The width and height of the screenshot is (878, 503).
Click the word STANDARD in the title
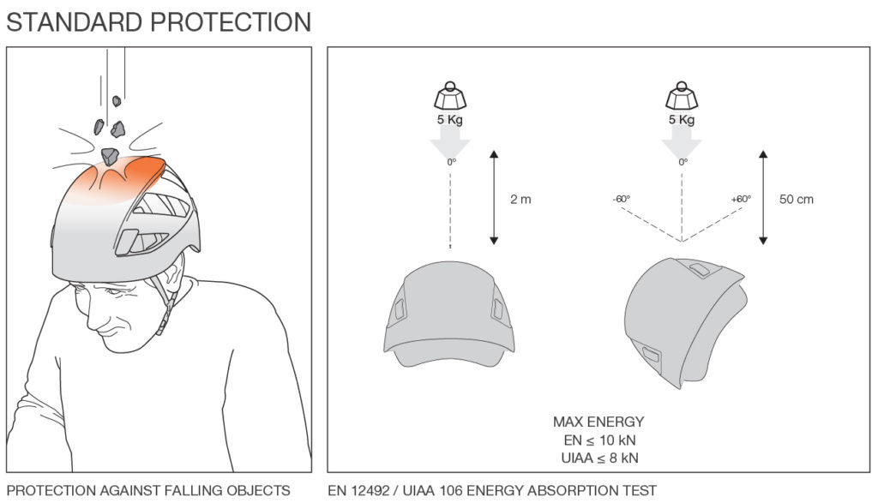[75, 22]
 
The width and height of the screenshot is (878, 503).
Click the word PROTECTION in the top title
[231, 22]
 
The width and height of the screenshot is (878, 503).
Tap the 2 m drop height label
[520, 199]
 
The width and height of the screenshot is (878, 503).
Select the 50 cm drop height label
[797, 199]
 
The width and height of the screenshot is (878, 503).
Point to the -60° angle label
[622, 199]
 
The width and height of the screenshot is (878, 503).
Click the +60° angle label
[741, 199]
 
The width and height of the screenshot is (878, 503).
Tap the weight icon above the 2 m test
[450, 96]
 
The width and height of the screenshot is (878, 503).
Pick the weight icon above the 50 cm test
[682, 96]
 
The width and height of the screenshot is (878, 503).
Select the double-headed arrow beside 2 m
[494, 197]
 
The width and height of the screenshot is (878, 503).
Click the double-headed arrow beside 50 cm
[762, 197]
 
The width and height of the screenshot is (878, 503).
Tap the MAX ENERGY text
[598, 422]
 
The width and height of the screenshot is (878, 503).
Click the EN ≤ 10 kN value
[599, 440]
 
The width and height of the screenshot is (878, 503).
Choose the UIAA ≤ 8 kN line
[599, 458]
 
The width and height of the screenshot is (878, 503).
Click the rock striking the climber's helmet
[110, 156]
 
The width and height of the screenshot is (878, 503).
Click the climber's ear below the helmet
[172, 279]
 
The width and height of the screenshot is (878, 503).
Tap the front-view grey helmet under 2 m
[449, 314]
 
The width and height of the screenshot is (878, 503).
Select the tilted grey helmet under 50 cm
[684, 322]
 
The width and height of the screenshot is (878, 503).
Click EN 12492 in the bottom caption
[358, 491]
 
